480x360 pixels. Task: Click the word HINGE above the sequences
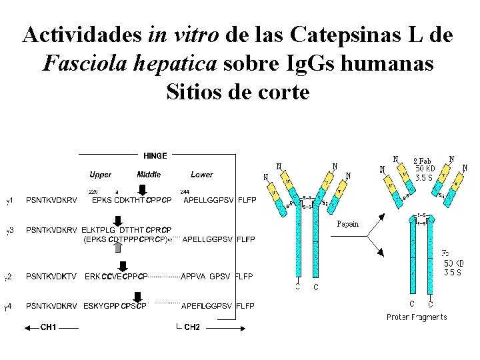[x=155, y=156]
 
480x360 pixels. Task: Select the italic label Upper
[x=100, y=175]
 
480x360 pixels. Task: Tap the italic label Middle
[x=149, y=175]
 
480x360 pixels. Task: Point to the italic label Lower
[x=201, y=175]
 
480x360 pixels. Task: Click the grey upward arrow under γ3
[x=118, y=247]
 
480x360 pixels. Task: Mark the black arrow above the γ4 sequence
[x=143, y=295]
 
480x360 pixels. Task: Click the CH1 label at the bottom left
[x=49, y=327]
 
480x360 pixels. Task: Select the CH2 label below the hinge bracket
[x=191, y=327]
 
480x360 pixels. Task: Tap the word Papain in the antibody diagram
[x=348, y=224]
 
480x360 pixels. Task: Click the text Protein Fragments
[x=417, y=317]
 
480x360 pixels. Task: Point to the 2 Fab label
[x=423, y=161]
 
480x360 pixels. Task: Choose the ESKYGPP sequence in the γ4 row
[x=101, y=306]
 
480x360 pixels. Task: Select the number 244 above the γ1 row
[x=185, y=192]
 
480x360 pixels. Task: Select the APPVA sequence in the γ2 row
[x=193, y=276]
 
